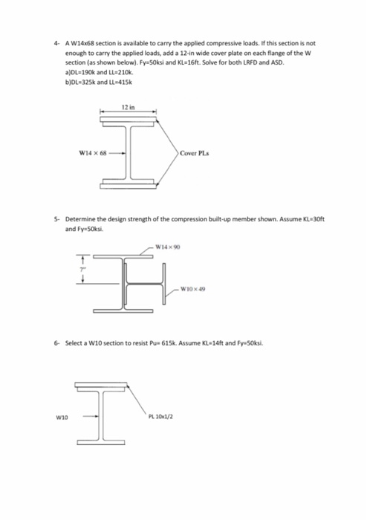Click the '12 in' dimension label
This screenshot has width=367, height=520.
point(127,108)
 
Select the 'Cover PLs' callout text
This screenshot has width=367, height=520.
point(195,155)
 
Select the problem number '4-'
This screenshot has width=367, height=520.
point(56,42)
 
